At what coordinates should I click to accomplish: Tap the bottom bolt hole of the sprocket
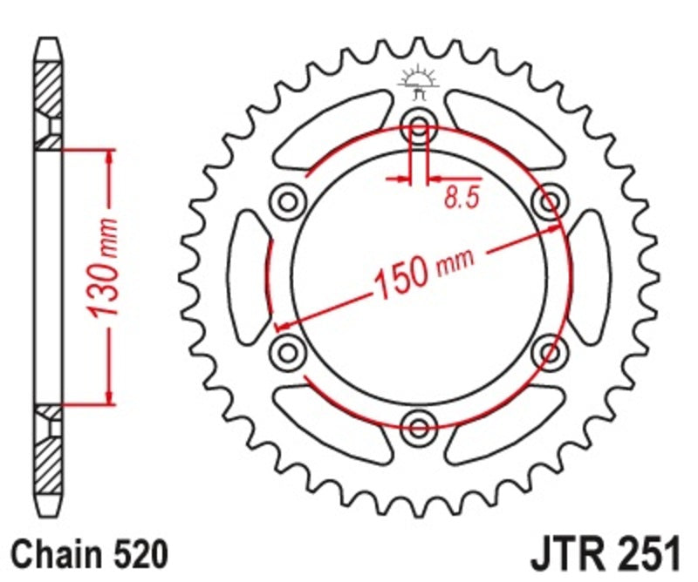coord(420,426)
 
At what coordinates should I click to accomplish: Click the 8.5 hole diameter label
coord(462,200)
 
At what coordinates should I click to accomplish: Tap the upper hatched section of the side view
coord(49,91)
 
